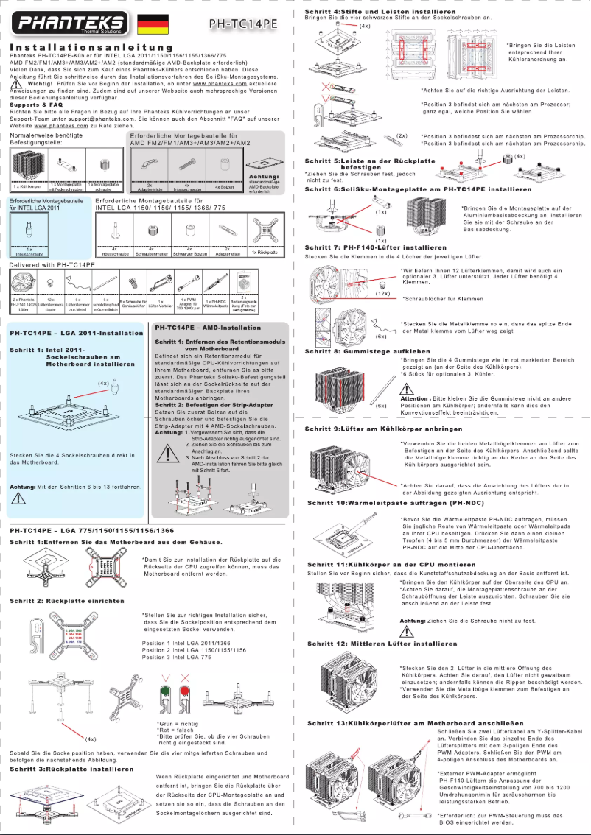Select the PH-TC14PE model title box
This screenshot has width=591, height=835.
(242, 24)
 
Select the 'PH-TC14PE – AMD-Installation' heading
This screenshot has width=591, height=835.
(209, 326)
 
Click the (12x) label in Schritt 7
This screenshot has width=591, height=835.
(382, 293)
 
